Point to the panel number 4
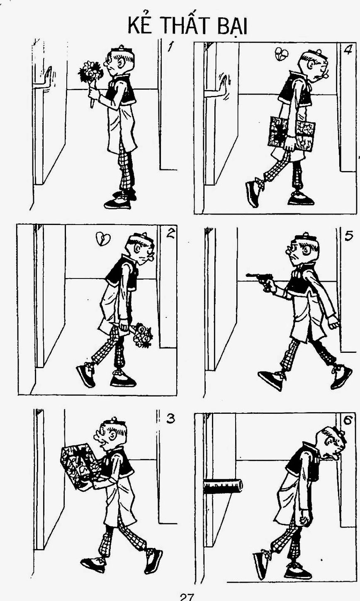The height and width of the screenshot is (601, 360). [348, 50]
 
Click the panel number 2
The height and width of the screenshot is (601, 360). [170, 233]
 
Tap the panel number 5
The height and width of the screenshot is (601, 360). [349, 235]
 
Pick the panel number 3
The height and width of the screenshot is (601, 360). [170, 418]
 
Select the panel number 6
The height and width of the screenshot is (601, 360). [348, 420]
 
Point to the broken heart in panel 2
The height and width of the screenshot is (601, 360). [103, 239]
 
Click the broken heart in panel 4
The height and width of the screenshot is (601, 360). [281, 54]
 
